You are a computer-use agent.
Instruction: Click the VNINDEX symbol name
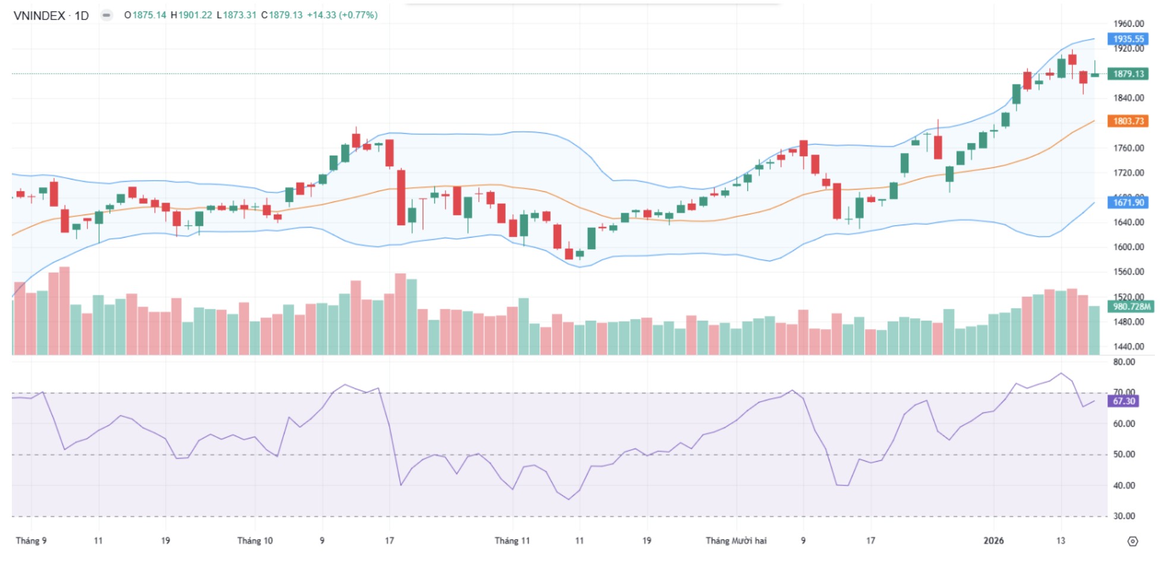[39, 15]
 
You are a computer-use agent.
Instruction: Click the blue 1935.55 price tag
[1128, 39]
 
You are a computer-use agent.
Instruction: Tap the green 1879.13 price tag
[1128, 74]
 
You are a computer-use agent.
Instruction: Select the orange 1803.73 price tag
[1128, 121]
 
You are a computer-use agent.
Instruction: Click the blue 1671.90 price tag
[1128, 203]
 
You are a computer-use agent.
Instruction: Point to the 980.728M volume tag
[1131, 307]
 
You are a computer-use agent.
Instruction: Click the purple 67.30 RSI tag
[1123, 401]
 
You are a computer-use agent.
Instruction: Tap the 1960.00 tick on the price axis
[1128, 24]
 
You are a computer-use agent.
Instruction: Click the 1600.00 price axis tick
[1128, 247]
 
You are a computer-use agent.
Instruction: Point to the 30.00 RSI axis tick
[1123, 516]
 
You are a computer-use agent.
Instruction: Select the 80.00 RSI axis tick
[1123, 362]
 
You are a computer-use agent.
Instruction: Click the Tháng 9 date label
[31, 541]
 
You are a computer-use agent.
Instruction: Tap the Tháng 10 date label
[255, 541]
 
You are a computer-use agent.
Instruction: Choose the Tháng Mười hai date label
[735, 541]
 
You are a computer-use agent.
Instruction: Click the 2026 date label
[993, 541]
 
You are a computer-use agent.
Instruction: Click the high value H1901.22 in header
[191, 15]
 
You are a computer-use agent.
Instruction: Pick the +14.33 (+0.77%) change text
[342, 15]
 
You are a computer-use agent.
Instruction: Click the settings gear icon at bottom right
[1132, 541]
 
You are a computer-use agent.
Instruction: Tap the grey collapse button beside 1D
[106, 15]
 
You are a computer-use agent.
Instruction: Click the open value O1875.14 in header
[145, 15]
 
